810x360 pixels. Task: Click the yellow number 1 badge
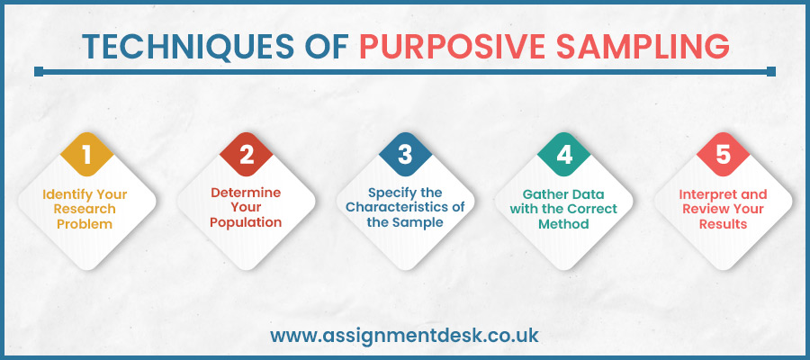pos(87,155)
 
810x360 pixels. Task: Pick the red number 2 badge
pos(247,155)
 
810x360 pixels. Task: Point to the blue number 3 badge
pos(405,155)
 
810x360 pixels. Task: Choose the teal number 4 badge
pos(564,155)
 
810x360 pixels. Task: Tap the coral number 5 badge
pos(723,155)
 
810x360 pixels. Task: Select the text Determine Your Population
pos(247,208)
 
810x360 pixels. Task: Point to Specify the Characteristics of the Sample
pos(405,208)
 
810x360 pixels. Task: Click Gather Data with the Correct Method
pos(564,208)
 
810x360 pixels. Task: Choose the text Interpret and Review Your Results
pos(723,208)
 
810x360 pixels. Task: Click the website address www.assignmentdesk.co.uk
pos(405,336)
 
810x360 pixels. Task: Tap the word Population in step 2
pos(247,223)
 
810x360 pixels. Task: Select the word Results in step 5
pos(723,223)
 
